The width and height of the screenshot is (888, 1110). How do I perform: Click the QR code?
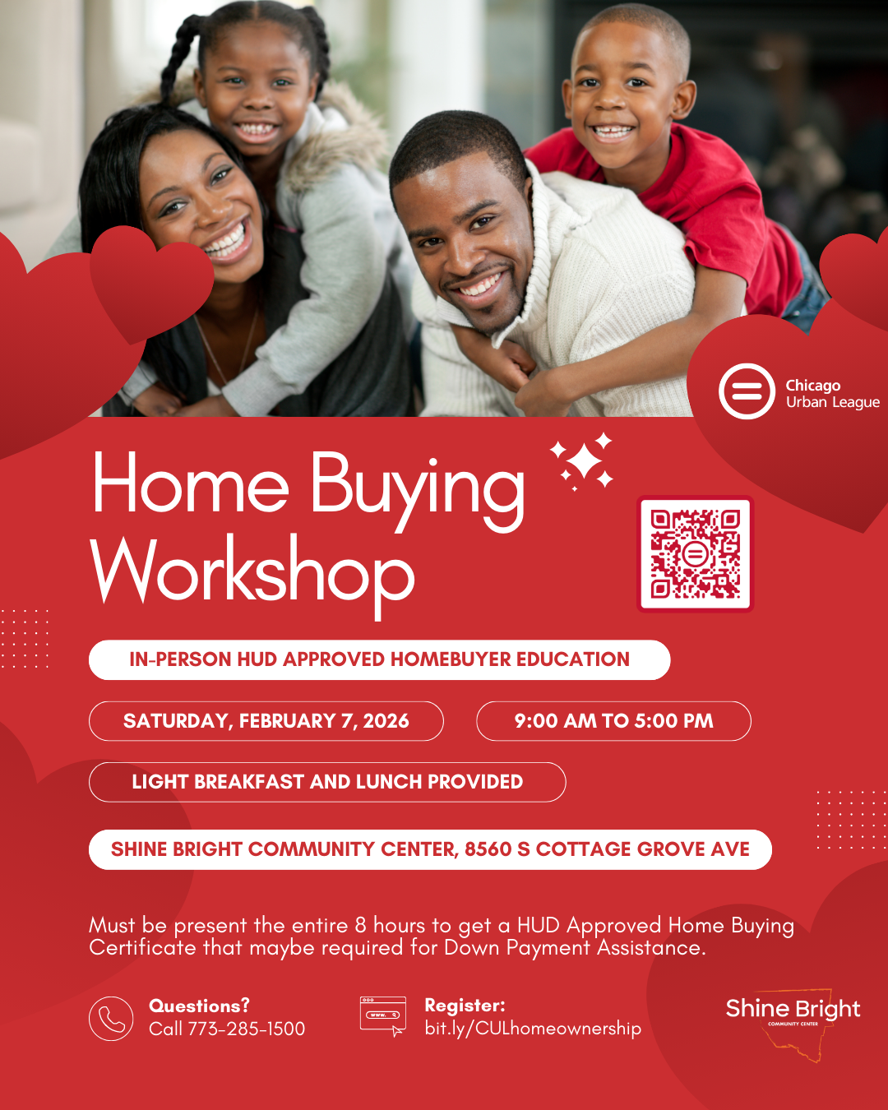click(x=696, y=554)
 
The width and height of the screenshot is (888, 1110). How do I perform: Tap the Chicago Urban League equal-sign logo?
click(x=747, y=392)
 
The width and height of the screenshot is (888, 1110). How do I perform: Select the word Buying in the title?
click(x=417, y=488)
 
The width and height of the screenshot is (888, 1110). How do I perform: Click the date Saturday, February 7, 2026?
click(x=266, y=721)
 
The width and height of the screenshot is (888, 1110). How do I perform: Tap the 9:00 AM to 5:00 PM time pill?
click(x=613, y=721)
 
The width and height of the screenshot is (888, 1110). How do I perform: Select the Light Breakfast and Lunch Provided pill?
click(x=327, y=782)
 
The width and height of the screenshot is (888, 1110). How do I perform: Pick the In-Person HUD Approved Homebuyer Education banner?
click(x=379, y=659)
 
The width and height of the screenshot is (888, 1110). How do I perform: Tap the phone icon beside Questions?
click(x=111, y=1019)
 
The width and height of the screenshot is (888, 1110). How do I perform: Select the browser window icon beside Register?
click(x=383, y=1015)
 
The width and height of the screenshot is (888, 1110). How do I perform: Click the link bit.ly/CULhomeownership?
click(x=533, y=1029)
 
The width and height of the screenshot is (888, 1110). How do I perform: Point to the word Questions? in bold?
click(x=199, y=1006)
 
